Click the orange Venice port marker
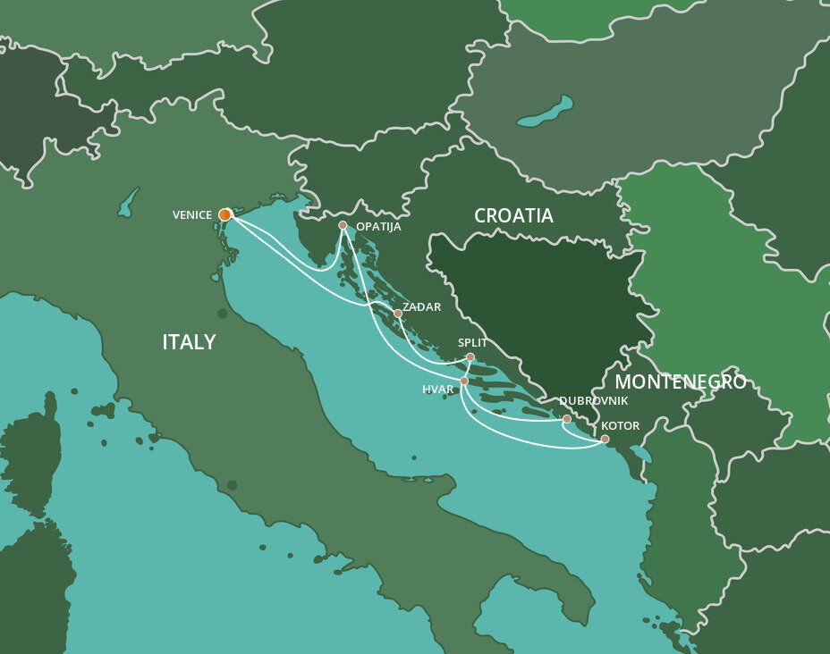224,214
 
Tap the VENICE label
192,215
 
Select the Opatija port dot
343,225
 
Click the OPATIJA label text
378,227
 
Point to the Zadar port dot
398,314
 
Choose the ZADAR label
422,307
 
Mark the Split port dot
470,357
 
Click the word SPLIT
472,342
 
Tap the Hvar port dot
464,381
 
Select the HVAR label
438,390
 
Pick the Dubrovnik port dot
566,419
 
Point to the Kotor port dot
605,439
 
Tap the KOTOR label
621,426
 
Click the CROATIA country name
513,216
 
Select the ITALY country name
189,342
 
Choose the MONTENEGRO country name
681,382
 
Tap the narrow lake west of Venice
130,201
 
